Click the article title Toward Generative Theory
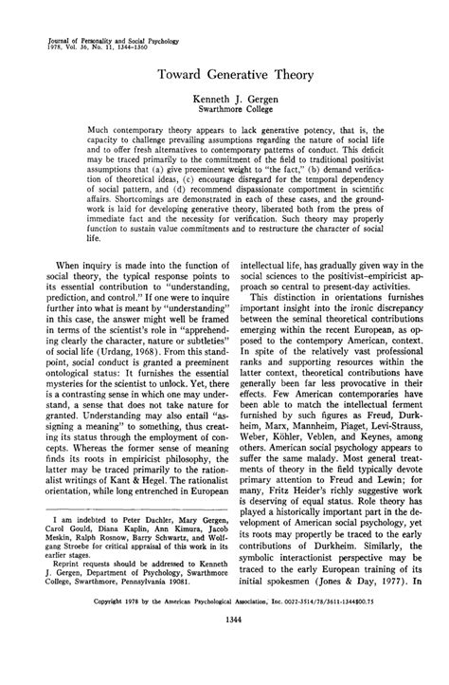pyautogui.click(x=224, y=71)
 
